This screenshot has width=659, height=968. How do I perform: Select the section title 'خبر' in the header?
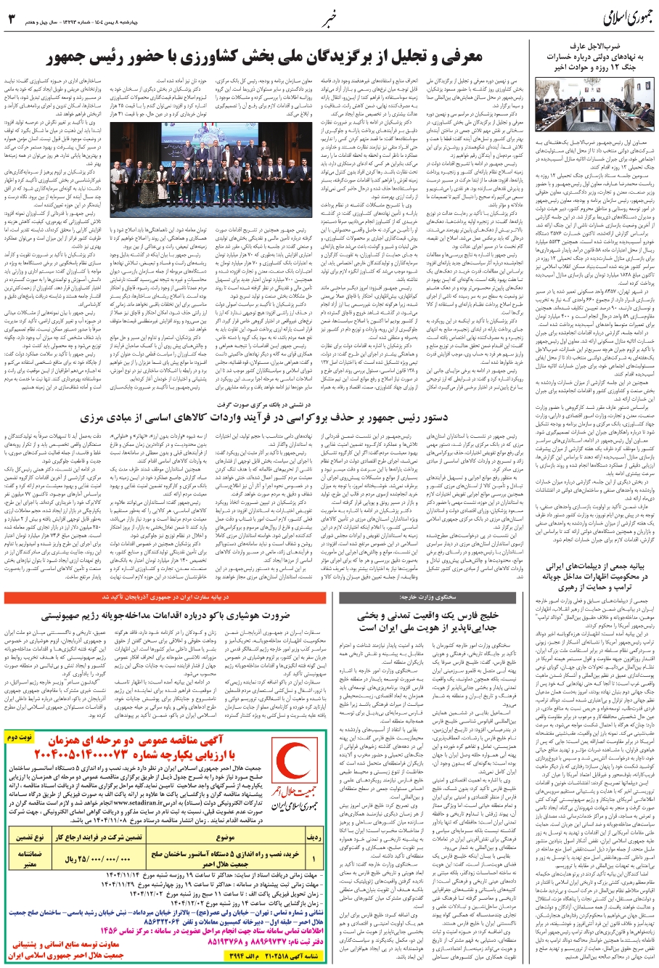(x=329, y=19)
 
